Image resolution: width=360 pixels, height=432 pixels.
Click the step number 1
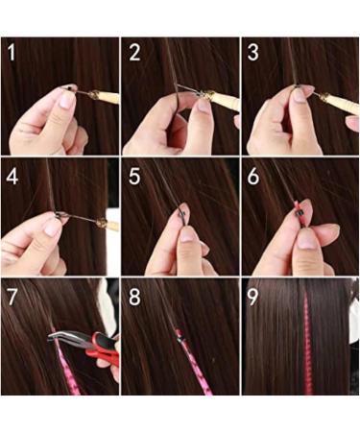click(12, 52)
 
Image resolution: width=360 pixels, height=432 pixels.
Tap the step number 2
click(133, 52)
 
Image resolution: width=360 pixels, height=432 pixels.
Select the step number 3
click(253, 52)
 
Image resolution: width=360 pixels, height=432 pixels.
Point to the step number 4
click(12, 177)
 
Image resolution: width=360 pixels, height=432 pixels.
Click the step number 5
click(133, 177)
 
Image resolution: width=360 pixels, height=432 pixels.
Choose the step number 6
click(253, 177)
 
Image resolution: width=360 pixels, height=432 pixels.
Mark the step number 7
click(12, 297)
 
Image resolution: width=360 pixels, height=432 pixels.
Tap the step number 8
click(133, 297)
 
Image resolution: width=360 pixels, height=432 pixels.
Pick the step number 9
click(253, 297)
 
